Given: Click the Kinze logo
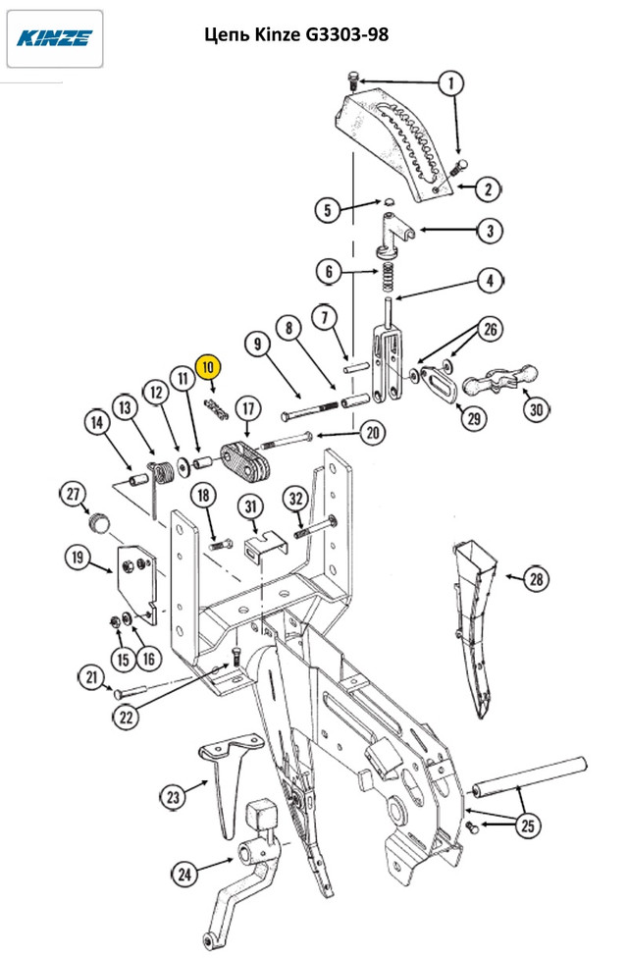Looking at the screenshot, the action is pyautogui.click(x=54, y=38).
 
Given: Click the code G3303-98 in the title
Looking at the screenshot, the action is pyautogui.click(x=345, y=34).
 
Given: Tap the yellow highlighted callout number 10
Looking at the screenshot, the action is pyautogui.click(x=208, y=367).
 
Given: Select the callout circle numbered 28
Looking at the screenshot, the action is pyautogui.click(x=536, y=578).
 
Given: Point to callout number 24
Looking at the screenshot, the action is pyautogui.click(x=184, y=874).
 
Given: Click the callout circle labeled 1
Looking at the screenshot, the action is pyautogui.click(x=450, y=82).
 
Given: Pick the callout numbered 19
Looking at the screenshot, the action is pyautogui.click(x=78, y=558).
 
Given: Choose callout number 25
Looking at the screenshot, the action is pyautogui.click(x=527, y=825).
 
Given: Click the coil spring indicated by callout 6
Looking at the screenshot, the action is pyautogui.click(x=388, y=278).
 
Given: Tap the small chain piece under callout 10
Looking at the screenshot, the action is pyautogui.click(x=216, y=409).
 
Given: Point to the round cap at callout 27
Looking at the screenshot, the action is pyautogui.click(x=98, y=522).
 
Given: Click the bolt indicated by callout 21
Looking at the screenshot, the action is pyautogui.click(x=130, y=692).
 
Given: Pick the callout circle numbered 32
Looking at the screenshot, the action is pyautogui.click(x=295, y=499).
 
